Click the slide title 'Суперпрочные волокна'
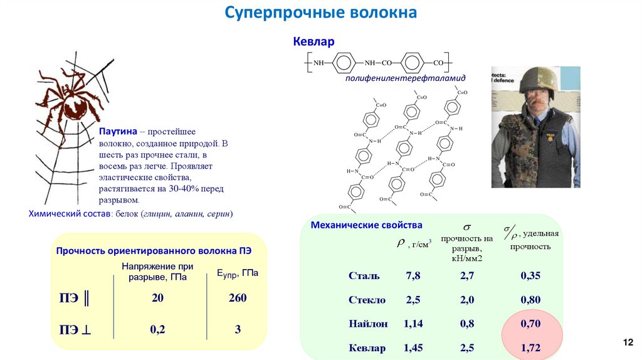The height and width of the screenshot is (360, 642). [320, 13]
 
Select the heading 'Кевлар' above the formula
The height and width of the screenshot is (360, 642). [313, 42]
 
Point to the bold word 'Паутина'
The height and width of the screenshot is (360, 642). [118, 132]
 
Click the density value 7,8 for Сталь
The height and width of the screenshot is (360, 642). [413, 276]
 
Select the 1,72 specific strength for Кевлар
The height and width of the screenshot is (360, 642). [530, 347]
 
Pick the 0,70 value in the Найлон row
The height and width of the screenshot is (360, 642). [530, 324]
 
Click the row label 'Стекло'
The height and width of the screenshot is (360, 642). [367, 300]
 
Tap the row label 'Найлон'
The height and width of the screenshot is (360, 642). [368, 324]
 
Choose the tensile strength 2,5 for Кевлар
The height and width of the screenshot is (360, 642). [467, 347]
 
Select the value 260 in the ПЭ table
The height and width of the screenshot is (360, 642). [238, 299]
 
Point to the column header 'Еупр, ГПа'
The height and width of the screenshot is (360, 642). [238, 274]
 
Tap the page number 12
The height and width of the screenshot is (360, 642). [628, 342]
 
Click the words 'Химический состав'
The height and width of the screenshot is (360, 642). [69, 214]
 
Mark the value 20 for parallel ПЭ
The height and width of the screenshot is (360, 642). [157, 299]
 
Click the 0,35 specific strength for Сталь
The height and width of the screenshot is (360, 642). [530, 276]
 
